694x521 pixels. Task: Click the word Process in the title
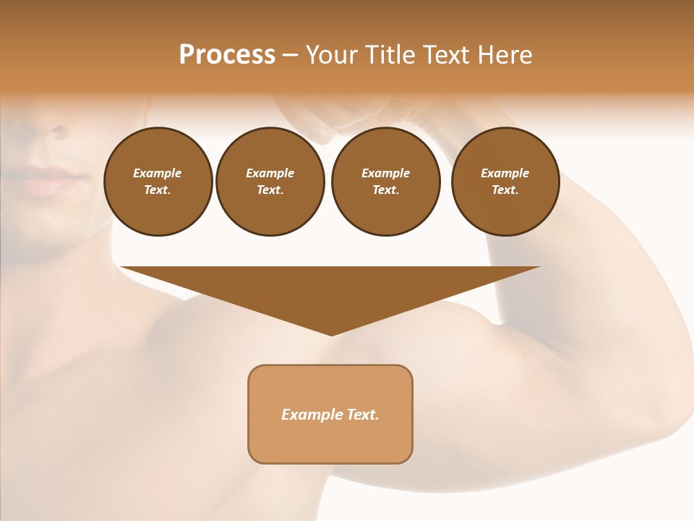point(227,55)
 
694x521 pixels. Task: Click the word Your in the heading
point(332,55)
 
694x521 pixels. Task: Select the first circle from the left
point(158,182)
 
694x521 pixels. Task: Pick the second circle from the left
point(270,182)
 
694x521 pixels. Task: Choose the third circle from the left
point(385,182)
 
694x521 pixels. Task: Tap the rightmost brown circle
point(505,182)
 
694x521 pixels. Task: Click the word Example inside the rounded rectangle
point(312,415)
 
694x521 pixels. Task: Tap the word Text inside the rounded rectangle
point(362,415)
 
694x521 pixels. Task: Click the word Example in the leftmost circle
point(158,173)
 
